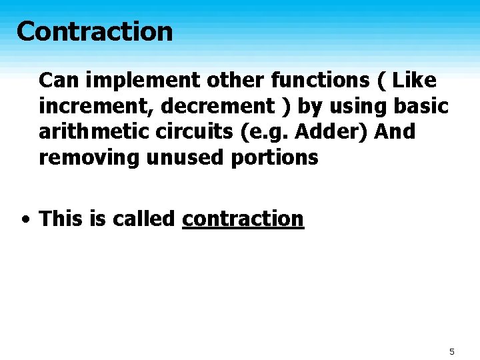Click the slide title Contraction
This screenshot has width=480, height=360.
(x=94, y=31)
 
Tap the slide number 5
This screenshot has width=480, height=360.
(x=451, y=351)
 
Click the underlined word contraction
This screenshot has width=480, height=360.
(x=243, y=219)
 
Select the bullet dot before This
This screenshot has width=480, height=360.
(x=25, y=219)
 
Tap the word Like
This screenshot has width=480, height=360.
(x=415, y=81)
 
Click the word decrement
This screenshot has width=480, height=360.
(x=200, y=107)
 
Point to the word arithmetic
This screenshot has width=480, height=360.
(x=94, y=132)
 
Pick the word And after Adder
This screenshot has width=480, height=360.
(x=395, y=132)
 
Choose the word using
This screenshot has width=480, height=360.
(x=357, y=107)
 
